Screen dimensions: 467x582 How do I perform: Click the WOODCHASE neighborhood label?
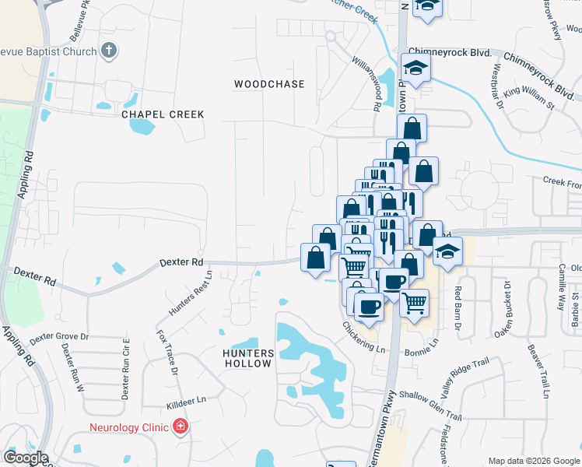coord(269,83)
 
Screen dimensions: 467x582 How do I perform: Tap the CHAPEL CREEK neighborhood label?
coord(163,114)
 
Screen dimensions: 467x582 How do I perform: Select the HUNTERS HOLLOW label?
coord(247,358)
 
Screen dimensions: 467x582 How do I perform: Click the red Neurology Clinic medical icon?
coord(181,427)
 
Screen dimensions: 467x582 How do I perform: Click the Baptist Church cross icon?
coord(110,51)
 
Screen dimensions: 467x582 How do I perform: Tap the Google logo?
coord(25,458)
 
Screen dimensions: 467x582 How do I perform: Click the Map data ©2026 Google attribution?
coord(534,461)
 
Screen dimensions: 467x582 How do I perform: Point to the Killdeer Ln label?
coord(185,400)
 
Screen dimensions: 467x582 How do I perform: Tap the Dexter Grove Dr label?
coord(59,338)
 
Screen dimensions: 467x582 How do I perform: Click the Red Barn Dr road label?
coord(458,306)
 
